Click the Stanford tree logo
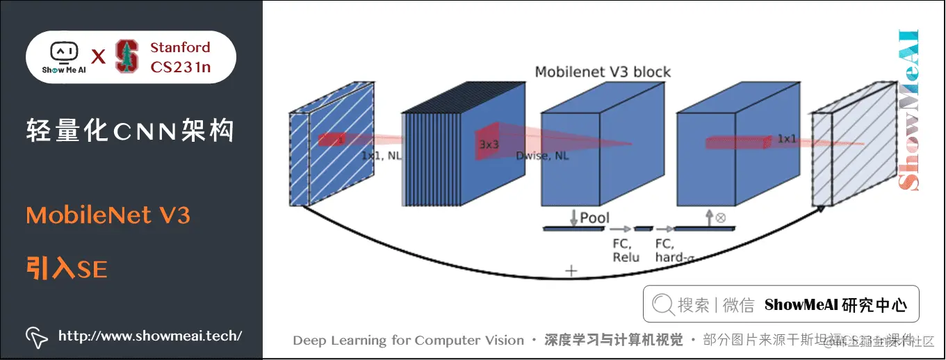click(x=127, y=56)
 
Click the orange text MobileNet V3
click(x=108, y=215)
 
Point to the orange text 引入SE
click(x=67, y=268)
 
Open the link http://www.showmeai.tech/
click(x=150, y=336)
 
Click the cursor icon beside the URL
click(x=36, y=336)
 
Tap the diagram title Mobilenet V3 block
click(x=603, y=72)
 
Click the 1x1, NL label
click(x=381, y=156)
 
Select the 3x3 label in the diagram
click(x=489, y=145)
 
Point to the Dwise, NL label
click(x=542, y=156)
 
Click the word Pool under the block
click(x=594, y=218)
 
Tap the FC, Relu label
click(x=625, y=250)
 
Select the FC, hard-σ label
click(x=674, y=250)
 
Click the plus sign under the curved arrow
click(x=571, y=271)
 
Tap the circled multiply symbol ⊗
click(x=720, y=218)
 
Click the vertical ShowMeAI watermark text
click(x=908, y=111)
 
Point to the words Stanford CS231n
click(x=180, y=57)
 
